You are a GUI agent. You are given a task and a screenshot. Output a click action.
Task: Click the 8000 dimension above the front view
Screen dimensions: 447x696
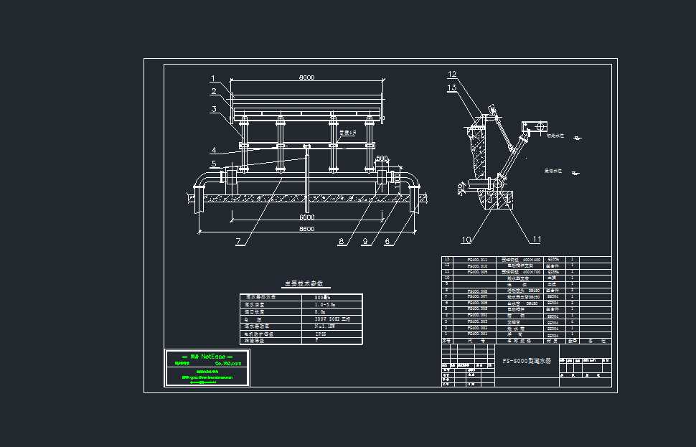click(x=306, y=77)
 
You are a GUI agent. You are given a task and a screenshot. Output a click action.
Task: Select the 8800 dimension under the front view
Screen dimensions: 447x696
click(x=306, y=228)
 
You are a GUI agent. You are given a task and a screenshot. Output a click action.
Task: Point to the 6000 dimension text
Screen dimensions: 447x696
click(x=306, y=217)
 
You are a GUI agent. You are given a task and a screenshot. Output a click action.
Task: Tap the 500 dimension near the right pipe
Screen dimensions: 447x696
click(x=382, y=159)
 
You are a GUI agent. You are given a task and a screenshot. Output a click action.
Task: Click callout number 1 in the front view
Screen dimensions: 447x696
click(x=213, y=79)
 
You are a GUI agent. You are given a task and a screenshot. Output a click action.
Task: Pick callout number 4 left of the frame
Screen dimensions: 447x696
click(x=213, y=150)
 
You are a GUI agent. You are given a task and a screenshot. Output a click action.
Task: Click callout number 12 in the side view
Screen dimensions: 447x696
click(x=452, y=75)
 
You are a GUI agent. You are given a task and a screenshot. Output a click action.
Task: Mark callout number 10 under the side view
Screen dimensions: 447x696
click(x=466, y=240)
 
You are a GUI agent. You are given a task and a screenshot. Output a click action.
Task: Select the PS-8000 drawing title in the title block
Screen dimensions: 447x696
click(x=526, y=362)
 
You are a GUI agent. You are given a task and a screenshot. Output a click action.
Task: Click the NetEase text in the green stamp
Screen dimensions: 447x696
click(x=215, y=356)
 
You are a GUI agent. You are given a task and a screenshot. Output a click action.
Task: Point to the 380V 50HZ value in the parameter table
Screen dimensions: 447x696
click(x=331, y=319)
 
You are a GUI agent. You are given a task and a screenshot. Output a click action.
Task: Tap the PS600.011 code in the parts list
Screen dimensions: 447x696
click(x=477, y=260)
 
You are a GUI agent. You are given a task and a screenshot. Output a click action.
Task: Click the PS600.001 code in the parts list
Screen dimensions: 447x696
click(x=477, y=334)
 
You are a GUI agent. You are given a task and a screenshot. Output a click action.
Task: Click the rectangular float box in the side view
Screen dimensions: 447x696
click(x=532, y=126)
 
